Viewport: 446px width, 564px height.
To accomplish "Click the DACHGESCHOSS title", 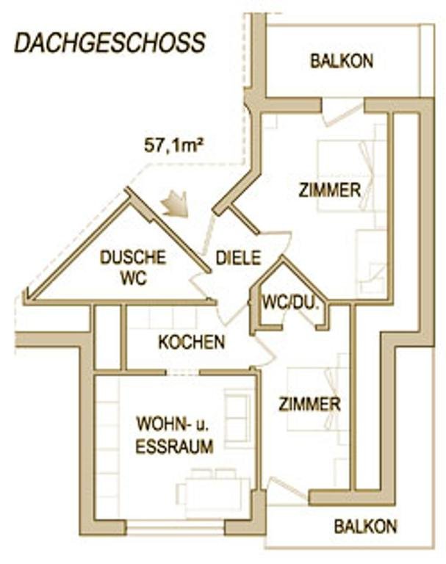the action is coord(109,43).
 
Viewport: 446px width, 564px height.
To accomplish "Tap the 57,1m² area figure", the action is coord(174,146).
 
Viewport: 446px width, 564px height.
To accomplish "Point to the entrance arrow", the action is coord(176,204).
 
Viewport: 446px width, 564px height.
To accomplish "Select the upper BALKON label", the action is coord(342,61).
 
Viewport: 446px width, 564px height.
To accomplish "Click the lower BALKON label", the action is coord(365,527).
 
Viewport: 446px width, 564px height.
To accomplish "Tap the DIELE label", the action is coord(238,258).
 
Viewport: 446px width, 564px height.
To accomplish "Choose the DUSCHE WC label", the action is coord(134,267).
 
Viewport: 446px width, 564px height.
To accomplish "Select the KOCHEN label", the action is coord(192,342).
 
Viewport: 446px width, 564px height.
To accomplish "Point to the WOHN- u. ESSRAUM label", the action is coord(173,435).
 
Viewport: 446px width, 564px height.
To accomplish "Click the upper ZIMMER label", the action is coord(330,190).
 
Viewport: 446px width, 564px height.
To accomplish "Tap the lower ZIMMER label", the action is coord(309,404).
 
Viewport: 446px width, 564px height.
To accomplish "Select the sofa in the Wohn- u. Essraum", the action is coord(237,416).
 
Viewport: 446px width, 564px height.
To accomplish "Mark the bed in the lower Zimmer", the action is coord(318,399).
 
